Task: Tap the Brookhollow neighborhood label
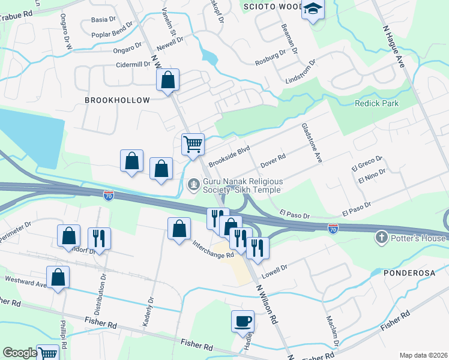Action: click(x=113, y=100)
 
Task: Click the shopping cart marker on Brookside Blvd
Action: click(x=193, y=144)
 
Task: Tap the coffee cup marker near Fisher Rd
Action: click(x=243, y=321)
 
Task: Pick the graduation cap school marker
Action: click(x=313, y=9)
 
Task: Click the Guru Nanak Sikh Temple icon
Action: click(x=193, y=184)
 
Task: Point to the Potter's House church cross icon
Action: click(x=381, y=238)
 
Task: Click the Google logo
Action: click(x=20, y=353)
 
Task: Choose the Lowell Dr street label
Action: click(x=276, y=268)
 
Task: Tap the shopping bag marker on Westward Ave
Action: click(x=58, y=277)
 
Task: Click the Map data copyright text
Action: click(x=423, y=355)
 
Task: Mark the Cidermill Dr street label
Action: click(x=134, y=64)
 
